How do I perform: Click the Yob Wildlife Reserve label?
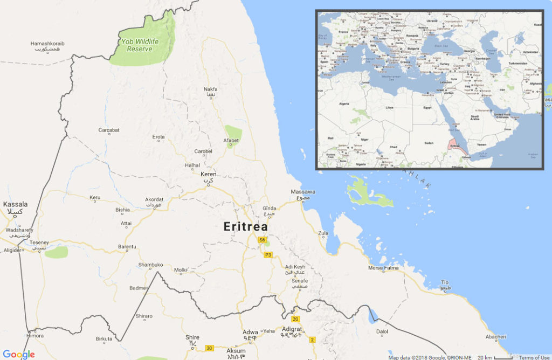(135, 45)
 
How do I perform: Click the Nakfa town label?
(211, 89)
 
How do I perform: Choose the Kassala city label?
(15, 204)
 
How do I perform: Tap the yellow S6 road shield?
(262, 240)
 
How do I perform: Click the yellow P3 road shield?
(267, 255)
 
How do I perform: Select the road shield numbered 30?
(209, 348)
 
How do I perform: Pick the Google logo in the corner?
(19, 354)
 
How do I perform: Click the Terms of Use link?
(534, 357)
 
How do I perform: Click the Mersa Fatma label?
(383, 268)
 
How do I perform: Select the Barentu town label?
(127, 247)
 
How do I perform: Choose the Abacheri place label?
(495, 337)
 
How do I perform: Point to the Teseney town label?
(39, 243)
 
